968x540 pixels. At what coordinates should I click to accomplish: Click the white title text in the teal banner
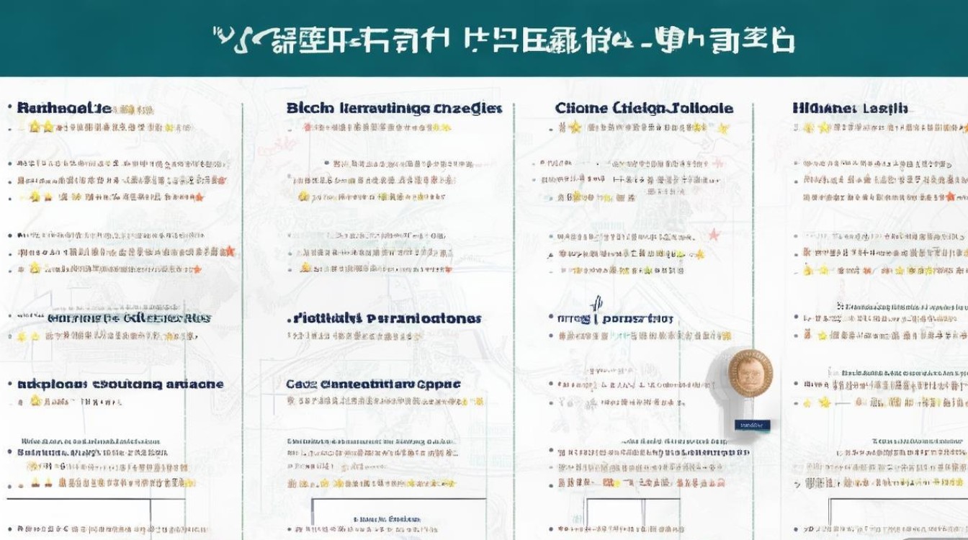504,40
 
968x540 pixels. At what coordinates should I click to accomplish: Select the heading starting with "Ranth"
64,108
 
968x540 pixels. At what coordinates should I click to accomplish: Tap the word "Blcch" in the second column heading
310,108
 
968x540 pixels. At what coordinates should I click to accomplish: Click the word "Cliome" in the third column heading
581,108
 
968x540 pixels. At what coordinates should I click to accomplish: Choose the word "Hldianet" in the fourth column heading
823,108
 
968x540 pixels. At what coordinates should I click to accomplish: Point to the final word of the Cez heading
439,384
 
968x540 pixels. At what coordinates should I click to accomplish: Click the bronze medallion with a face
750,373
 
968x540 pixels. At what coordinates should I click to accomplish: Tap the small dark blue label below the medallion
752,426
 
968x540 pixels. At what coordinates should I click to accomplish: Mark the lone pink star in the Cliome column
714,235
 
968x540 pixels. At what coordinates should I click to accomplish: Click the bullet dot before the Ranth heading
9,108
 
